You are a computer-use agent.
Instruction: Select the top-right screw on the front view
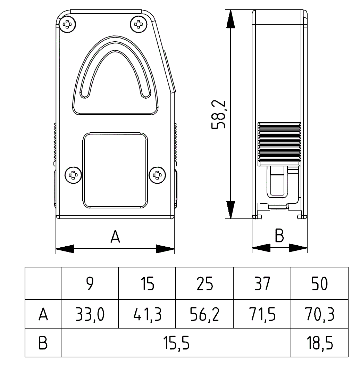[x=138, y=24]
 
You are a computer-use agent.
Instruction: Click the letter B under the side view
[x=279, y=236]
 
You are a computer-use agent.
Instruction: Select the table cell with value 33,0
[x=90, y=315]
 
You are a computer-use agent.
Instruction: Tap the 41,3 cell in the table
[x=147, y=315]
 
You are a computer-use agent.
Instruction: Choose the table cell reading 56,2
[x=204, y=315]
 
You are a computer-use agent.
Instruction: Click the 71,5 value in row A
[x=262, y=315]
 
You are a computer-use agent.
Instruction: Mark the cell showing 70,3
[x=319, y=315]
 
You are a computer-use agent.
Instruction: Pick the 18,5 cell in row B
[x=319, y=343]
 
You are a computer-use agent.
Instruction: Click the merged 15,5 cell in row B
[x=176, y=343]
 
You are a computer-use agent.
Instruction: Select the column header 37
[x=262, y=284]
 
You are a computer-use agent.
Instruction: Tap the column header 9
[x=90, y=284]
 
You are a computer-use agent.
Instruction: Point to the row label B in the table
[x=43, y=343]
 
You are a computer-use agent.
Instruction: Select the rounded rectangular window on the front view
[x=115, y=170]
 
